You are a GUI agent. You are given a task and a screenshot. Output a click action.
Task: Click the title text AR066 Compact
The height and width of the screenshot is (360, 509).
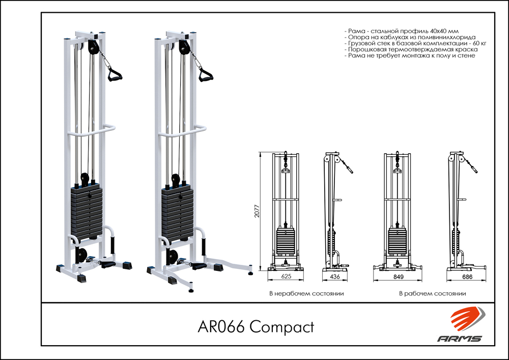[x=255, y=326]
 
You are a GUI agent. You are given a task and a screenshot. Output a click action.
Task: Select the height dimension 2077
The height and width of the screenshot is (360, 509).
[x=257, y=210]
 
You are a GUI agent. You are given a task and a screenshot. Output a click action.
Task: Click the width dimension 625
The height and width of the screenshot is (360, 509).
[x=287, y=278]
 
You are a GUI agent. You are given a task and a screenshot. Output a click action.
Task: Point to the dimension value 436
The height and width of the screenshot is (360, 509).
[x=335, y=278]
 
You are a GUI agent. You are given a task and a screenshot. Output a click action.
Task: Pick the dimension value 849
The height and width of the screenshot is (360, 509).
[x=398, y=278]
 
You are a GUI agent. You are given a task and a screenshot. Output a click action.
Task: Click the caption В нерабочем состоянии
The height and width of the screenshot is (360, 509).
[x=306, y=294]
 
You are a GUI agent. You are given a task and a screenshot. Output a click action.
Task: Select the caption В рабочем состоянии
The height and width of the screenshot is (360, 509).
[x=433, y=294]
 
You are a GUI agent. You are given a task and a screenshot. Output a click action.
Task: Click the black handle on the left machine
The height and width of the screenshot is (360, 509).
[x=115, y=76]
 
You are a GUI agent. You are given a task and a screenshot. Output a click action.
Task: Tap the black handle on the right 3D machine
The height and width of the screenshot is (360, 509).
[x=205, y=75]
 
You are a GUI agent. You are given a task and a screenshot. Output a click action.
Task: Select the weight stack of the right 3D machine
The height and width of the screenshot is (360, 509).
[x=178, y=213]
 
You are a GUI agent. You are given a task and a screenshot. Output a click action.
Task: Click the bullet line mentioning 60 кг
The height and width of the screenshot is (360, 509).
[x=415, y=44]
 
